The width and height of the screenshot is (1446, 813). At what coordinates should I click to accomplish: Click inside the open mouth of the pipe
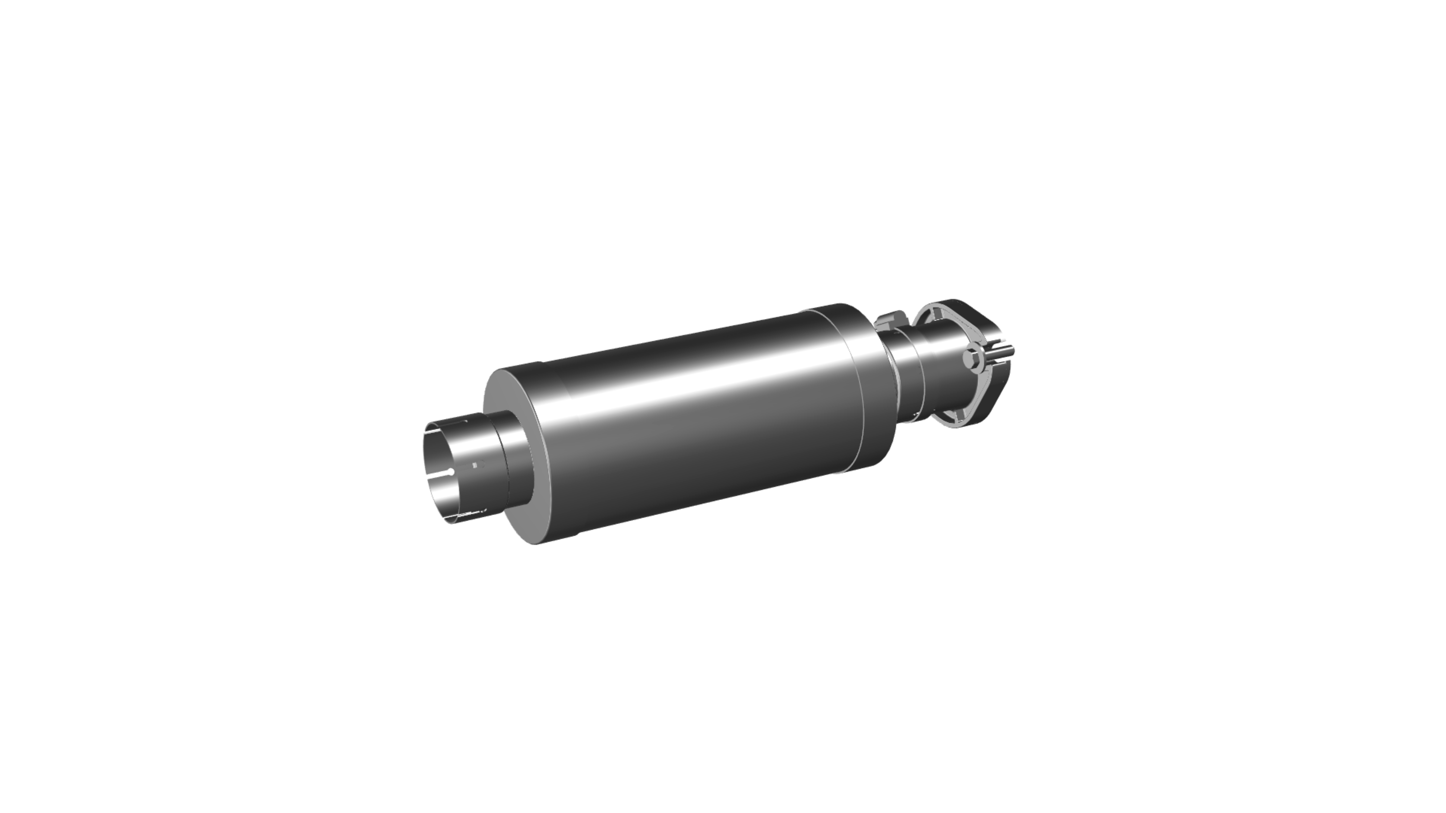443,471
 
